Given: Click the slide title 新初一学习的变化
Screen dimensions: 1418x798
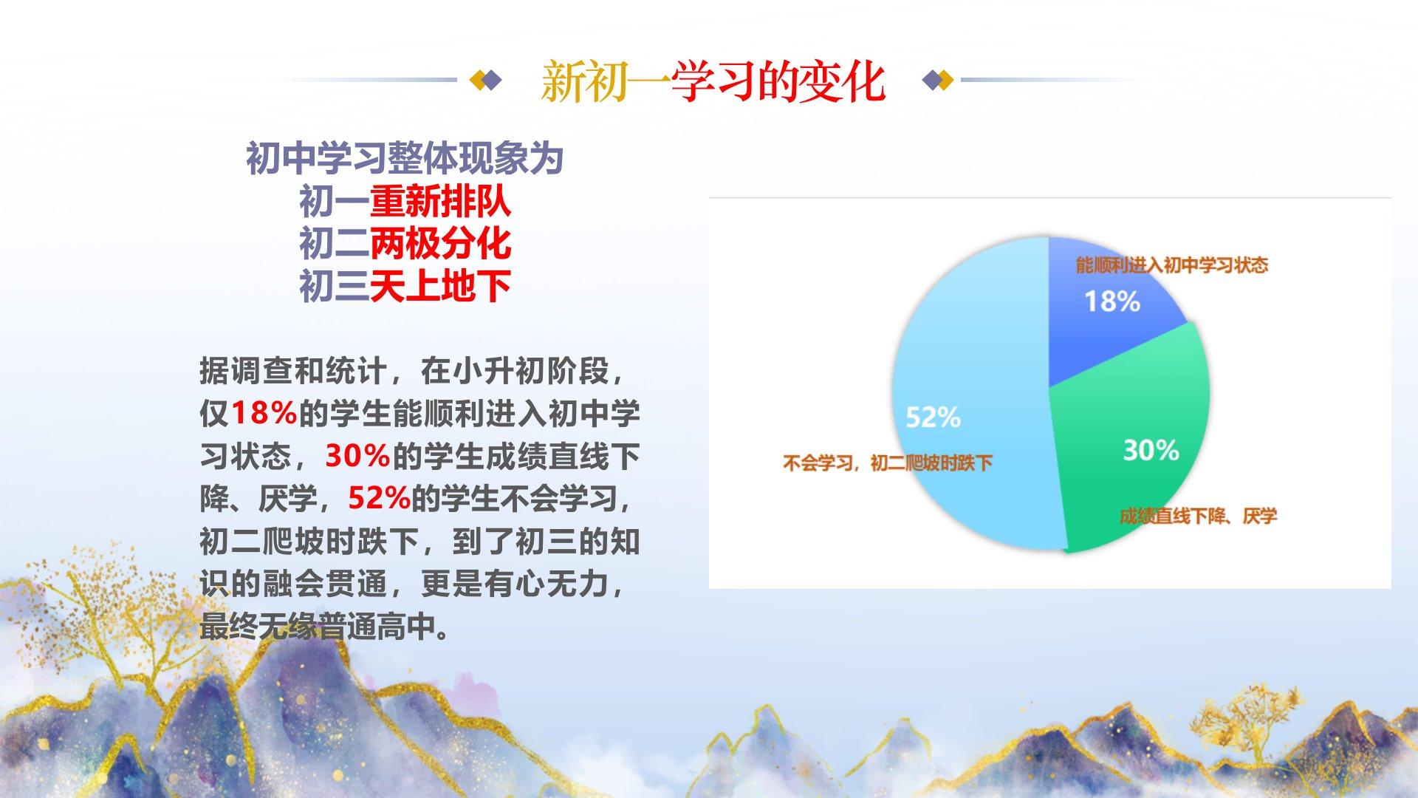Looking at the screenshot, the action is pos(713,81).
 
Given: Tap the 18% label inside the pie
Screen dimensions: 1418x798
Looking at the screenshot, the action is pos(1112,301).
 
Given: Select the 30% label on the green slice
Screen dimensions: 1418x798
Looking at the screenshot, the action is pos(1151,450).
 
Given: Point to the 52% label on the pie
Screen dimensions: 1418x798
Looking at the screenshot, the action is pos(933,417).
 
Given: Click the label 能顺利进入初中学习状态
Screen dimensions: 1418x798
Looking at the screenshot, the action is pos(1171,265).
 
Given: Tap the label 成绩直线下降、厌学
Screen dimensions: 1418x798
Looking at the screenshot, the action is pos(1198,516).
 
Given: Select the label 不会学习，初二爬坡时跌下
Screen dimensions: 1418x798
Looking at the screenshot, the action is pos(887,463).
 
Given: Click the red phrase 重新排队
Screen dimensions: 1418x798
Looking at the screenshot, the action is pos(440,201).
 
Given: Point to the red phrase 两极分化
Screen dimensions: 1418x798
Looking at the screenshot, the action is pos(440,243).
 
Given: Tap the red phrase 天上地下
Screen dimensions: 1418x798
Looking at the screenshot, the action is pos(440,286).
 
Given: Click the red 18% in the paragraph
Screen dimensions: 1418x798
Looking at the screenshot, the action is pos(264,413).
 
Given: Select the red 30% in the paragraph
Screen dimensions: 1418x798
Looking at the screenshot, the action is pos(357,456).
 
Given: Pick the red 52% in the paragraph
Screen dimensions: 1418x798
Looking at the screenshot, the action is pos(379,499).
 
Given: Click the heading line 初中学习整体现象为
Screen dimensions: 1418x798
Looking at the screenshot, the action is pos(405,158).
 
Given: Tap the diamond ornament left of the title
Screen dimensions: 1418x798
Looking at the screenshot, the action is pos(486,80).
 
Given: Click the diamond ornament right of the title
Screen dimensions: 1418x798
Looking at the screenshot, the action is pos(938,80).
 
